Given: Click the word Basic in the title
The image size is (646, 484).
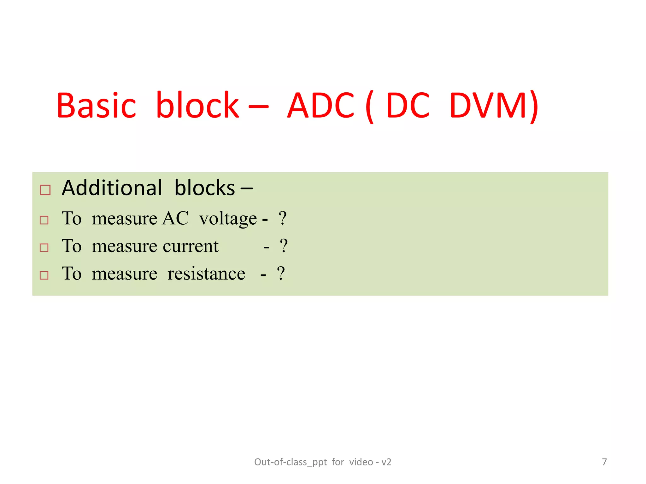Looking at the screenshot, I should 96,106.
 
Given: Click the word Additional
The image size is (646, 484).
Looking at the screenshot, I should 112,188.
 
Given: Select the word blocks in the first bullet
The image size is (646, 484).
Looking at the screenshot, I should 205,188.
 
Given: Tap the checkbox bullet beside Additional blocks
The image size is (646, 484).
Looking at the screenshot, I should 45,190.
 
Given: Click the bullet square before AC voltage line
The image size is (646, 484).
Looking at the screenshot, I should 44,220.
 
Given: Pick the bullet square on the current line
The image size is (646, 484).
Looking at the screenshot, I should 44,248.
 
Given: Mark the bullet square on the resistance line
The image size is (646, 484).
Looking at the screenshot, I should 44,275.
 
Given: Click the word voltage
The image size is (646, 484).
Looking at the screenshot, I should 228,218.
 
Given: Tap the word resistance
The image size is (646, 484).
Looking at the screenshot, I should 206,274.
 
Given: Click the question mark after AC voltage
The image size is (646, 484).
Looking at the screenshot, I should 283,218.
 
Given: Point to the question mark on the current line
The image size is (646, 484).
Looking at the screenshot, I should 284,246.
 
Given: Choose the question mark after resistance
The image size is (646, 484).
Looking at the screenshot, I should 281,274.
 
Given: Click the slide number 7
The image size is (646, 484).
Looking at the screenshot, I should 604,462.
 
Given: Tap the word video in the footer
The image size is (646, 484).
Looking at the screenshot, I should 361,462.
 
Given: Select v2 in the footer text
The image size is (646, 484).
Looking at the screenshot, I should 386,462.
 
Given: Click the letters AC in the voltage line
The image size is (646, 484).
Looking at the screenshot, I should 175,218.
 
